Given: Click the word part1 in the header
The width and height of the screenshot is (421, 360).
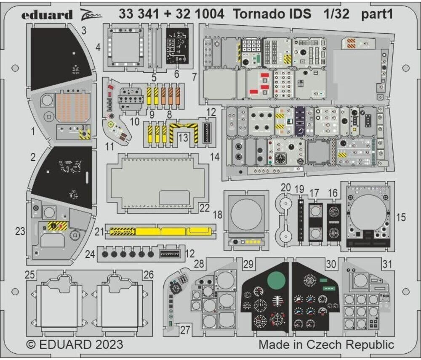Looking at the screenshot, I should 377,14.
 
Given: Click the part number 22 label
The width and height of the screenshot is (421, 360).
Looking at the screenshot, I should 205,207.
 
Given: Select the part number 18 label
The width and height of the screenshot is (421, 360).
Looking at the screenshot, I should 218,215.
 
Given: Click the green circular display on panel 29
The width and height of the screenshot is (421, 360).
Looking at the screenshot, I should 276,279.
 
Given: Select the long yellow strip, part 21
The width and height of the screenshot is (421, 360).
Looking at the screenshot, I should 160,230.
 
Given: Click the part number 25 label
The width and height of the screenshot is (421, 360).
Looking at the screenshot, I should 29,275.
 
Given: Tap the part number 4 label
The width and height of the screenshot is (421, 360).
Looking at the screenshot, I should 98,48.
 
